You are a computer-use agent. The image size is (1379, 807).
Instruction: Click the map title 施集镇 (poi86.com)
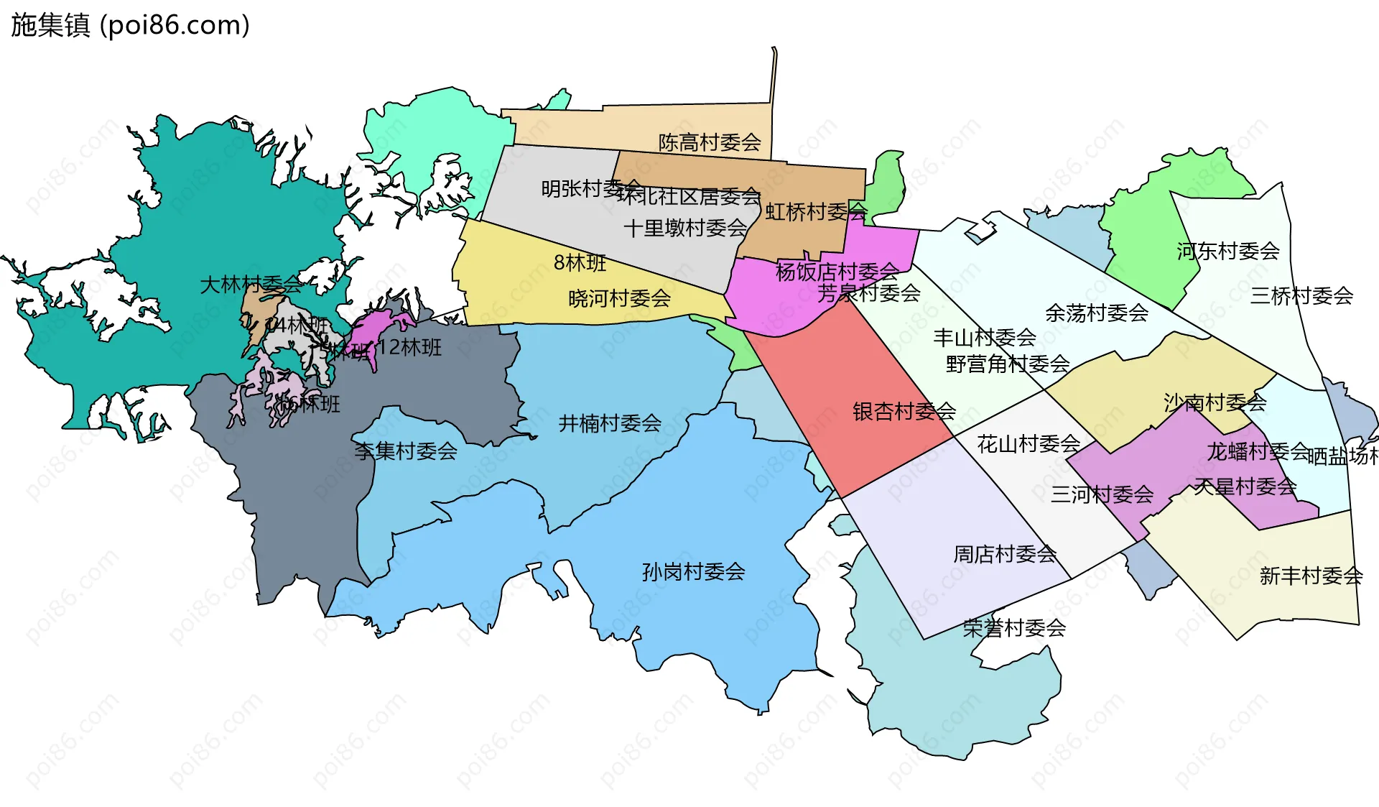pyautogui.click(x=130, y=25)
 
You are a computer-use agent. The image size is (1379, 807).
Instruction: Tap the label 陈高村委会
pyautogui.click(x=710, y=142)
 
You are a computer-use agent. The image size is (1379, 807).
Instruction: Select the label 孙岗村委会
pyautogui.click(x=693, y=572)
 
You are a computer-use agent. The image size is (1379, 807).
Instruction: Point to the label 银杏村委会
pyautogui.click(x=904, y=411)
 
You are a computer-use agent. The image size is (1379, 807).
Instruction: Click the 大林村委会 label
pyautogui.click(x=251, y=285)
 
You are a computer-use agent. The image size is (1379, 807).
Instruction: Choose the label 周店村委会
pyautogui.click(x=1005, y=554)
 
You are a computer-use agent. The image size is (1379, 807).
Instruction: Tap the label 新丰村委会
pyautogui.click(x=1311, y=576)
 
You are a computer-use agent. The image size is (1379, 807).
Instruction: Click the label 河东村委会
pyautogui.click(x=1228, y=251)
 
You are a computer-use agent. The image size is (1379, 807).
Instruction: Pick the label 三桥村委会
pyautogui.click(x=1301, y=295)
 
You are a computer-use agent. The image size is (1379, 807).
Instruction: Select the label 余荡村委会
pyautogui.click(x=1097, y=313)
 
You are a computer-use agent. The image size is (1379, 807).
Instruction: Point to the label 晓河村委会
pyautogui.click(x=619, y=298)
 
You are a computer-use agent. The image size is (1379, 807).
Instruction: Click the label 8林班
pyautogui.click(x=580, y=263)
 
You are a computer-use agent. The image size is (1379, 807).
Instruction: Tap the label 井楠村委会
pyautogui.click(x=610, y=423)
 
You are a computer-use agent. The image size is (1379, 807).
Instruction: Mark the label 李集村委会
pyautogui.click(x=406, y=451)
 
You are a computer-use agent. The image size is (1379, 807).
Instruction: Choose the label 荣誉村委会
pyautogui.click(x=1014, y=628)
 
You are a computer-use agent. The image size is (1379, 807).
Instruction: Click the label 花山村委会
pyautogui.click(x=1029, y=444)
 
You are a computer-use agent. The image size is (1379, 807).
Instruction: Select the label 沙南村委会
pyautogui.click(x=1215, y=402)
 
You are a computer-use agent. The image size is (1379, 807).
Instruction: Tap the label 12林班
pyautogui.click(x=410, y=348)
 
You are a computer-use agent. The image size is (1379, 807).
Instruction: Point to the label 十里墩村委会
pyautogui.click(x=685, y=229)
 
